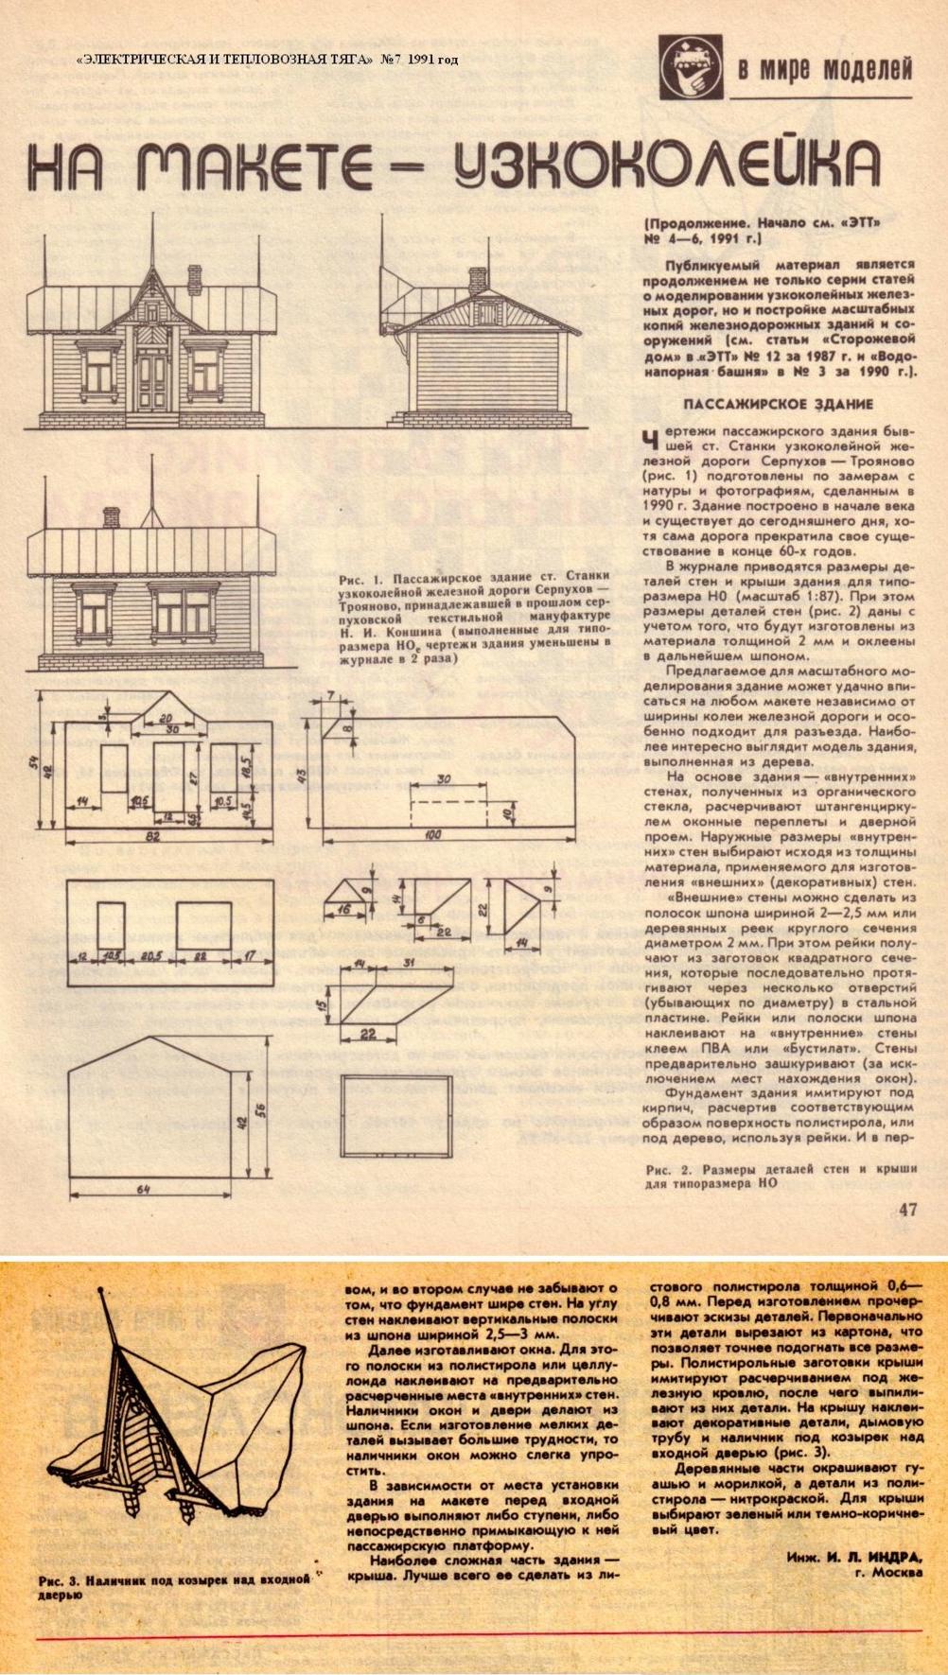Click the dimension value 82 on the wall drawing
click(151, 838)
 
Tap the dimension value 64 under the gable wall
click(145, 1189)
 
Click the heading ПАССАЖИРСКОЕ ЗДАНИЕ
click(778, 404)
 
